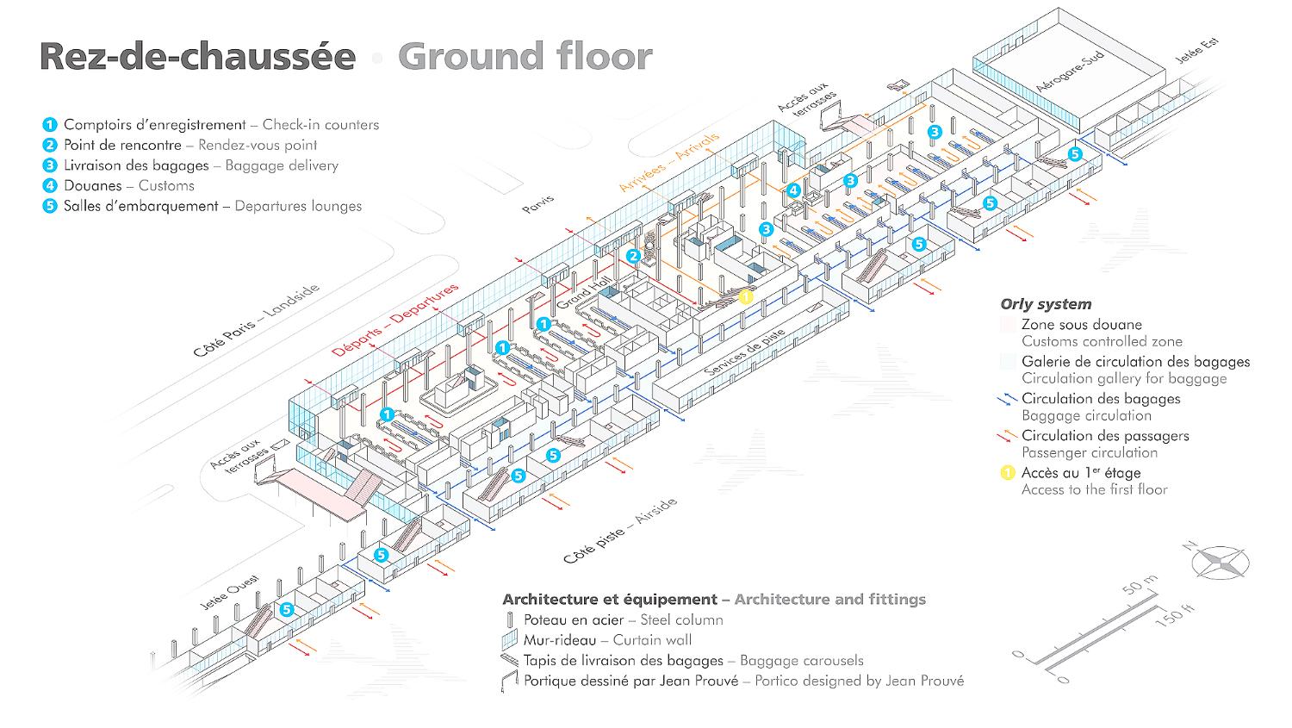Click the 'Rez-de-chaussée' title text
[197, 57]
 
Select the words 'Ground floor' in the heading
[525, 57]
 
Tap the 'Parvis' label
[538, 205]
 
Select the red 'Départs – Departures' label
[395, 320]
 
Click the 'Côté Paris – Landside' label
[256, 320]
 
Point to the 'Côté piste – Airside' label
[620, 531]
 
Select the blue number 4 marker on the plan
[793, 190]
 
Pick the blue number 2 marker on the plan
[633, 256]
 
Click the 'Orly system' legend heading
[1046, 304]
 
